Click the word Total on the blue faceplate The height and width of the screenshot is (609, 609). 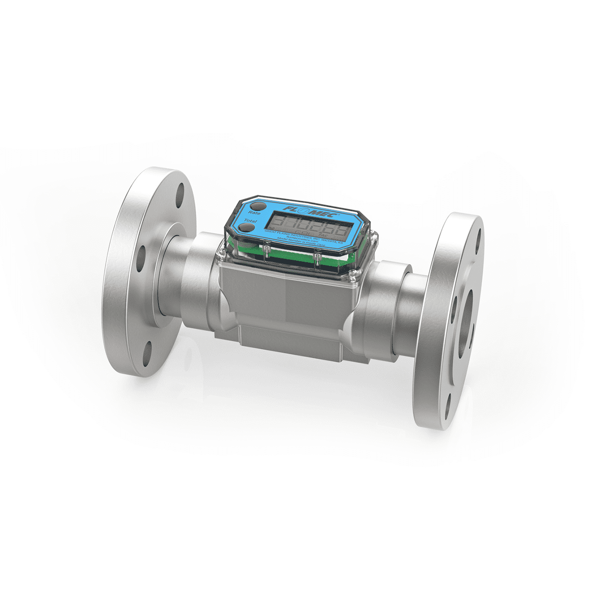250,221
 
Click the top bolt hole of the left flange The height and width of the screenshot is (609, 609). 180,196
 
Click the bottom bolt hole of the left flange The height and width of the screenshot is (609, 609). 148,351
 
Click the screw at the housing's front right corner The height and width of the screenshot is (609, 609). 353,275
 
